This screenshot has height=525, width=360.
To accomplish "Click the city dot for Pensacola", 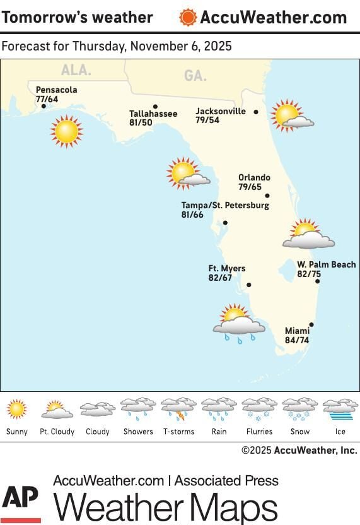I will coord(44,106).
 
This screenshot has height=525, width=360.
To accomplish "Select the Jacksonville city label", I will coord(220,111).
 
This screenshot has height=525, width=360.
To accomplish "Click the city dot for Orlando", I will coord(267,196).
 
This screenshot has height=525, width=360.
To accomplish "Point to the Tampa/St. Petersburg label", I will coord(225,206).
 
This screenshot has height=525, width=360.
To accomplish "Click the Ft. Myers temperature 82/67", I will coord(220,278).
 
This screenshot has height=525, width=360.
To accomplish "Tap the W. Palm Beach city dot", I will coord(318,281).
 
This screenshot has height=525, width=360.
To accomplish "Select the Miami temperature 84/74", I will coord(297,340).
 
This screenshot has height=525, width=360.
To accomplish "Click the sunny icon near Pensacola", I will coord(66,132).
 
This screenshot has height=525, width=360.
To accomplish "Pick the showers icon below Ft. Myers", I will coord(238,324).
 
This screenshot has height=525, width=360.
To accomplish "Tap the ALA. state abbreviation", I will coord(76,71).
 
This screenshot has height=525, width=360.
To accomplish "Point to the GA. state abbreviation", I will coord(195,76).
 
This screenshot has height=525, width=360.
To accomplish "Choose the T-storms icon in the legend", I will coord(178,409).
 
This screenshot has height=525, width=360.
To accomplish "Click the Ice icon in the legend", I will coord(340,409).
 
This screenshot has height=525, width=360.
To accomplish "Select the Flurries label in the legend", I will coord(259,432).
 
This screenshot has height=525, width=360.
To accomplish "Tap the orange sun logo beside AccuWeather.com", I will coord(187,17).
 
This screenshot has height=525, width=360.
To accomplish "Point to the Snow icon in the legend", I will coord(299,409).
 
